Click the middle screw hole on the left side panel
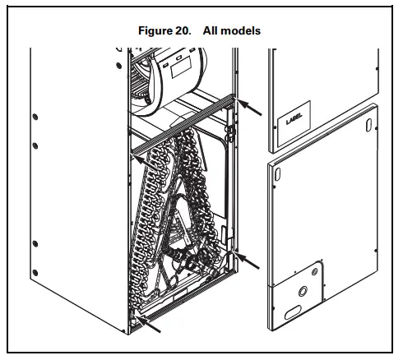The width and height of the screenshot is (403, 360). (x=35, y=145)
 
